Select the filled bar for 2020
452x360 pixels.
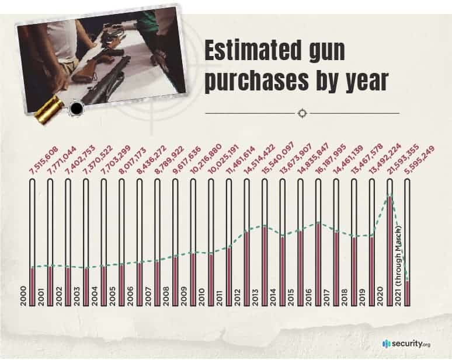[390, 251]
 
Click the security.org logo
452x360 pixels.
[406, 344]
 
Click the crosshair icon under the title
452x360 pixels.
[302, 113]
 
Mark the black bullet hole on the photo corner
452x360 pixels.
[75, 109]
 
